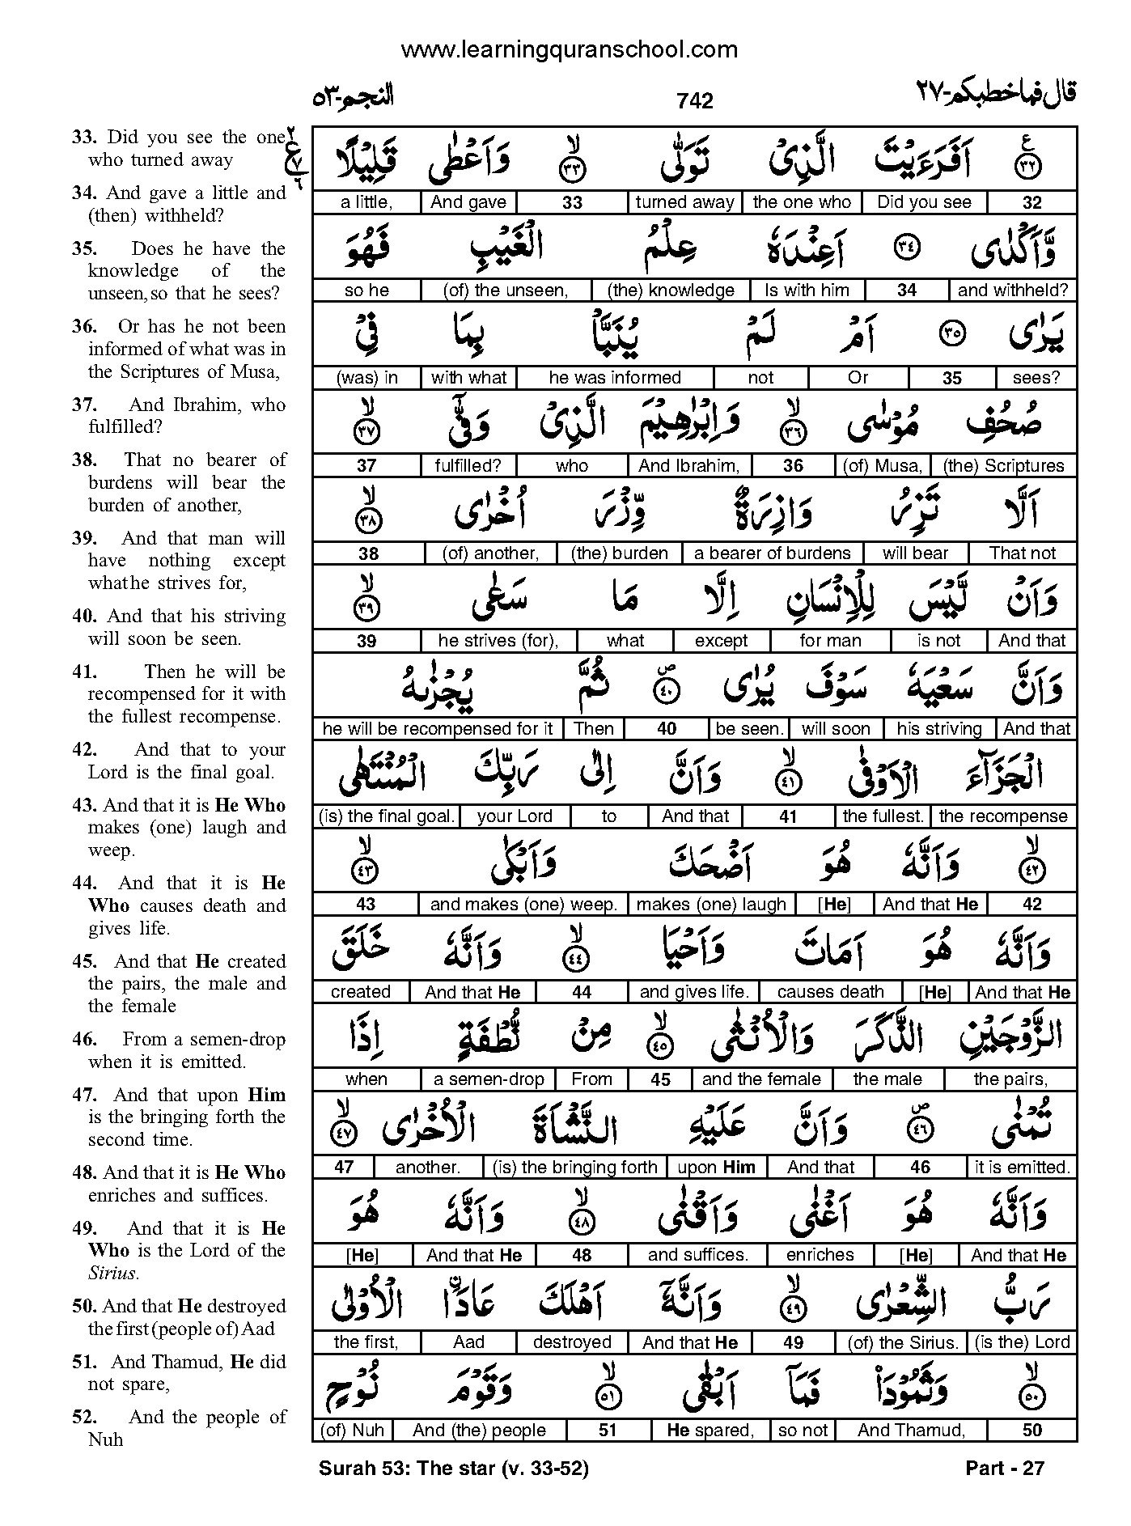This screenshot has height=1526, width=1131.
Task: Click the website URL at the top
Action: (x=570, y=50)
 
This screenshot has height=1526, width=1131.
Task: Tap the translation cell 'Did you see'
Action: (x=924, y=202)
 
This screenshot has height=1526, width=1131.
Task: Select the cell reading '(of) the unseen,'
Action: (x=506, y=290)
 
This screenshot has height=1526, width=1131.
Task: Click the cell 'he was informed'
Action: (x=615, y=377)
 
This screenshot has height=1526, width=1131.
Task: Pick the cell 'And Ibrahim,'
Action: (x=688, y=465)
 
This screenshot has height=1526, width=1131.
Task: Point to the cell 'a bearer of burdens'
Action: (x=772, y=553)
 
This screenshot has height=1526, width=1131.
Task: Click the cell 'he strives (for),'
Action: (x=498, y=641)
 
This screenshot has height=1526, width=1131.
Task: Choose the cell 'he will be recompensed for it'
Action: (x=437, y=728)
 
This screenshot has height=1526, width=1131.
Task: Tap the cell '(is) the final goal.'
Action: (x=386, y=816)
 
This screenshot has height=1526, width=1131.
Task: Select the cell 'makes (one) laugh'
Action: (x=711, y=904)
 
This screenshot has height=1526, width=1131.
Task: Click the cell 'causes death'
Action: (x=830, y=992)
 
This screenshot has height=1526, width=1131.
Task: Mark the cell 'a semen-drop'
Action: (x=488, y=1079)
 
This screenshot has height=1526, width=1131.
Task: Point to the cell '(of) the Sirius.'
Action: (x=902, y=1342)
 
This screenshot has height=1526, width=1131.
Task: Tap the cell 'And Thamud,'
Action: (x=911, y=1430)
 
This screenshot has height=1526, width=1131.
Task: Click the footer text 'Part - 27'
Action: (x=1005, y=1468)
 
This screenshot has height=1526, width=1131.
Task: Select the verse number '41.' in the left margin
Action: (x=84, y=672)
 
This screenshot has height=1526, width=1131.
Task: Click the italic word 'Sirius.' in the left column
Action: (x=113, y=1274)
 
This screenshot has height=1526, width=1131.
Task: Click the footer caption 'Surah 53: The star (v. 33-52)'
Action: (x=454, y=1468)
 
